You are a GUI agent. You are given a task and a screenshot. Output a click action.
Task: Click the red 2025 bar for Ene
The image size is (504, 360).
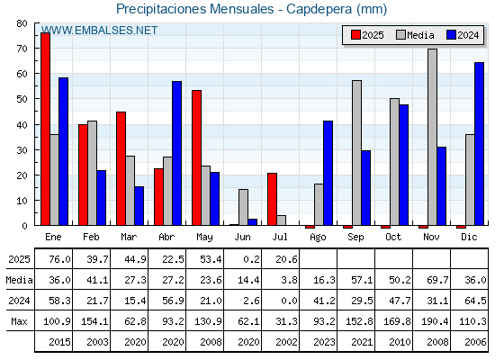[45, 129]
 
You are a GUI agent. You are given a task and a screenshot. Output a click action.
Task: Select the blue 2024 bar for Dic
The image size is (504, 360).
[479, 144]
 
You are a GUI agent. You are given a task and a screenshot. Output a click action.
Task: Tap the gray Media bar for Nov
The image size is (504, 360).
[432, 137]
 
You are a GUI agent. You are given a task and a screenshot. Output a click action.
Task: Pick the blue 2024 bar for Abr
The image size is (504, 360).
[176, 153]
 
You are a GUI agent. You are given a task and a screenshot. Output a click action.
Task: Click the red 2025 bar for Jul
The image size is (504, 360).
[272, 199]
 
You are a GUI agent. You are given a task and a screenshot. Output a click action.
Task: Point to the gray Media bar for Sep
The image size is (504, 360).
[356, 153]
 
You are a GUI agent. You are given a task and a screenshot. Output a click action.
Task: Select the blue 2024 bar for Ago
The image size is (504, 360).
[328, 173]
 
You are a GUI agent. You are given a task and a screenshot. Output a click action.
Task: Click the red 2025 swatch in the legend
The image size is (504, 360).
[355, 35]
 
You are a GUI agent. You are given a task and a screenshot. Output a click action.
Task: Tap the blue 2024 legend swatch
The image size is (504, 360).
[451, 35]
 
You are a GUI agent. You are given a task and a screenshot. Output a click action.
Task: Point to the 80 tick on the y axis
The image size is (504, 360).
[22, 23]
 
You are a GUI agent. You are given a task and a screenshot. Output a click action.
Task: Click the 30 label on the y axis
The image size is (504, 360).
[22, 150]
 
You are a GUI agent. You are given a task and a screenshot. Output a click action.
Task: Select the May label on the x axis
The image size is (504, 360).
[204, 238]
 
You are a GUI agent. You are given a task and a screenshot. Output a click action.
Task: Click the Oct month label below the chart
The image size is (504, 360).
[393, 237]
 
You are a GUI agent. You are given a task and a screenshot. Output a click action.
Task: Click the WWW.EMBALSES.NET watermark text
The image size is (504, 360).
[99, 31]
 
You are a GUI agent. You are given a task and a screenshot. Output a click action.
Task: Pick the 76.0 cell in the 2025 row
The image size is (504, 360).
[59, 259]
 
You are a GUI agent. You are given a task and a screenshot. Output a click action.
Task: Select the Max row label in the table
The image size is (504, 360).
[19, 321]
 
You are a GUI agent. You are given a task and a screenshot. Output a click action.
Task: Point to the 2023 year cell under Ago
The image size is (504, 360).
[324, 342]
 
